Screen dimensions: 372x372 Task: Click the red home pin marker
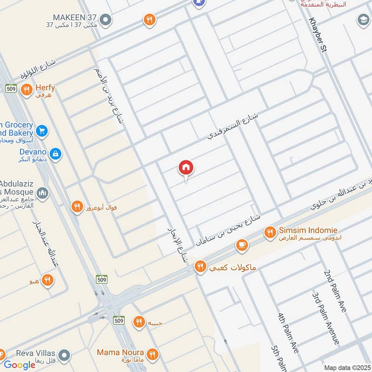[x=186, y=168]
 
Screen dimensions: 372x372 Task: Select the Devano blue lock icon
[x=55, y=154]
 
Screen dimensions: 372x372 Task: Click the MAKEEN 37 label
[x=74, y=18]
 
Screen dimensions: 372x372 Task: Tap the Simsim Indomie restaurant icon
[x=270, y=232]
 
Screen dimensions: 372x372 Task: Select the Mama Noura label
[x=120, y=352]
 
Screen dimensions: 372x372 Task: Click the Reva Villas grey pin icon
[x=65, y=355]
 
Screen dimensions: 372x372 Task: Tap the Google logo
[x=20, y=365]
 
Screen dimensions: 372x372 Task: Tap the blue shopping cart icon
[x=42, y=132]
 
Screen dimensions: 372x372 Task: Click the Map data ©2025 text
[x=346, y=367]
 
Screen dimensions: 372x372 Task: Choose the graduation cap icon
[x=363, y=20]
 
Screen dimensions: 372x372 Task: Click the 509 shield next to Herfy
[x=11, y=88]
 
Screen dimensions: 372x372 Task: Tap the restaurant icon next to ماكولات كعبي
[x=200, y=266]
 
